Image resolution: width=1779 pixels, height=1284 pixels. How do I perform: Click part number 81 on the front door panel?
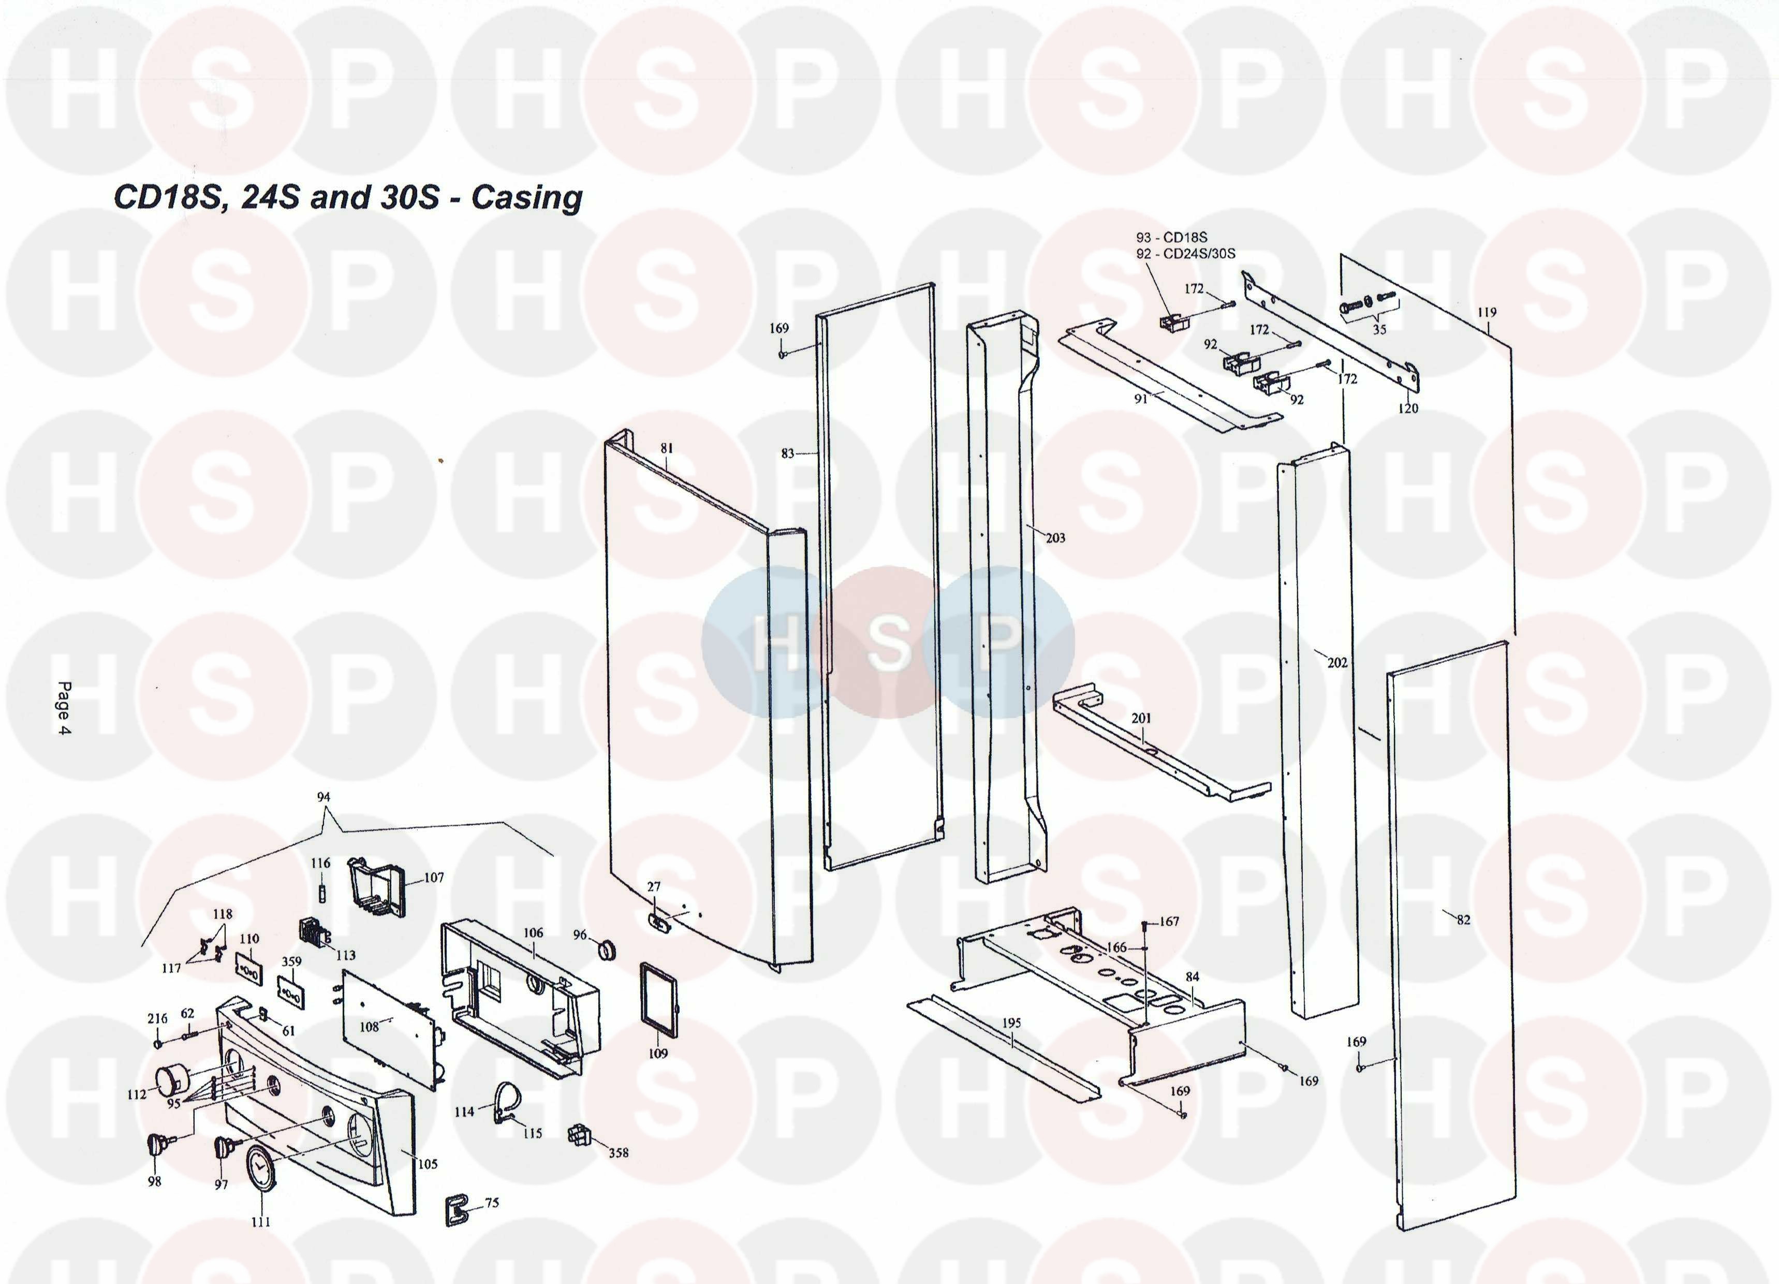(x=666, y=448)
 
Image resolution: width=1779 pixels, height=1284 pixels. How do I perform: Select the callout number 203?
(x=1056, y=537)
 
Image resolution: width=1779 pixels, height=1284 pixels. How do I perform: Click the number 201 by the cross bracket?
(x=1141, y=718)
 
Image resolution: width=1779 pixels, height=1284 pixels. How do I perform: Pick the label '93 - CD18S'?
(x=1172, y=237)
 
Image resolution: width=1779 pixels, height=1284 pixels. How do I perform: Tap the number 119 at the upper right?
(x=1487, y=312)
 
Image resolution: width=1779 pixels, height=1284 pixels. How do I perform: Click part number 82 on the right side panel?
(x=1464, y=920)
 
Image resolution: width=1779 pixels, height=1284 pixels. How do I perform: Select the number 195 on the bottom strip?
(x=1012, y=1024)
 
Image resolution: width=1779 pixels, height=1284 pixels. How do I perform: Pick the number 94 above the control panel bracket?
(x=323, y=797)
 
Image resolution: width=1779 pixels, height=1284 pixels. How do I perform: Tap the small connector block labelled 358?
(x=578, y=1134)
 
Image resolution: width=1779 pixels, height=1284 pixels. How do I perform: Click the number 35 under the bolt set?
(x=1379, y=330)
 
